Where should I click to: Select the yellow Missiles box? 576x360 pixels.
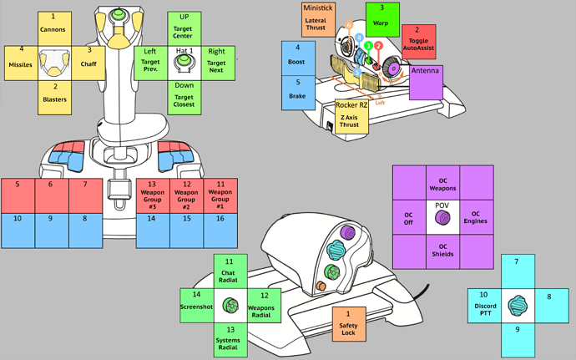(19, 61)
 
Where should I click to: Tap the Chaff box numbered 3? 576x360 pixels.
(89, 61)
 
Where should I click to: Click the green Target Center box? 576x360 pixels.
(184, 28)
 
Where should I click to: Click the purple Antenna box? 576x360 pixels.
(425, 82)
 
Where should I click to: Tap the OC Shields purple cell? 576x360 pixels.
(442, 249)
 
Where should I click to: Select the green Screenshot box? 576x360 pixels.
(197, 301)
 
